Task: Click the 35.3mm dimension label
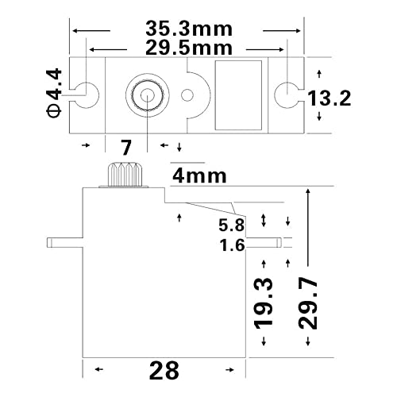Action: (189, 29)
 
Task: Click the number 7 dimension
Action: (125, 146)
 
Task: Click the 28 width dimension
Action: (164, 370)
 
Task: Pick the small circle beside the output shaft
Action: (187, 96)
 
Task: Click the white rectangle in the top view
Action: (238, 95)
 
